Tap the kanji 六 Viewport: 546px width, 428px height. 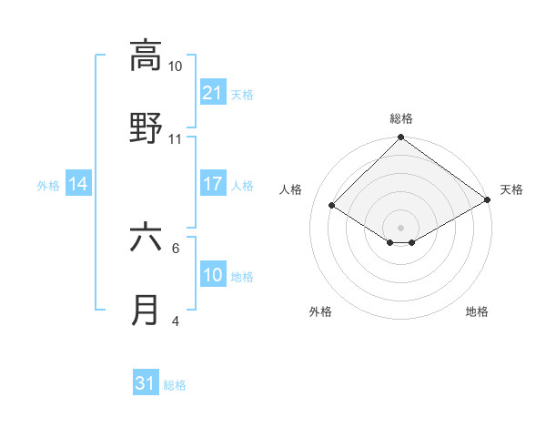[x=146, y=238]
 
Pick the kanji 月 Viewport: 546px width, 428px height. [x=146, y=311]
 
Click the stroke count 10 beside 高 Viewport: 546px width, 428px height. [x=176, y=66]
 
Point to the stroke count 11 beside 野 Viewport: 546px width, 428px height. [x=176, y=139]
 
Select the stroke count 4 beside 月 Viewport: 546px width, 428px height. [x=176, y=321]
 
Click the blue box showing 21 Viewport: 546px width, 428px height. [x=212, y=92]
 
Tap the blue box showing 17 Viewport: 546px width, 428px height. [x=212, y=184]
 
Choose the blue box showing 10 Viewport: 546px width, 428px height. [x=212, y=275]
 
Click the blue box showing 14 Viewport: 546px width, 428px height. [x=78, y=184]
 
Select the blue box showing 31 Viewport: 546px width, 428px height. [x=146, y=383]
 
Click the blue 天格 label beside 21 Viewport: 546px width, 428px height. [x=242, y=94]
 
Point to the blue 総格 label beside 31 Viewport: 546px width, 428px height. [x=175, y=385]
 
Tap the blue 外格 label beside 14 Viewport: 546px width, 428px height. [x=48, y=186]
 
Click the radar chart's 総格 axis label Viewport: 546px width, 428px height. [x=401, y=118]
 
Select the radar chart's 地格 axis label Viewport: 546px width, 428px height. [x=477, y=311]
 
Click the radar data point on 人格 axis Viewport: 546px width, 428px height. [x=332, y=206]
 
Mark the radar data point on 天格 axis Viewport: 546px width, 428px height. [x=488, y=201]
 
